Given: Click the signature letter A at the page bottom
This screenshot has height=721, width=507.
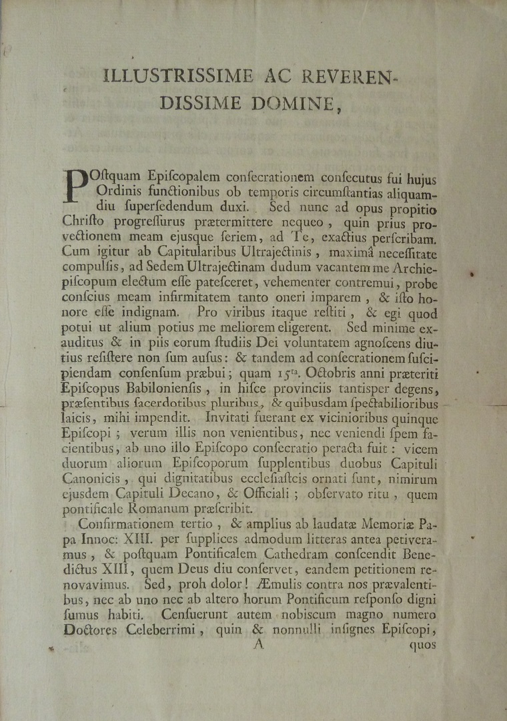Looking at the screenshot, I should [x=260, y=644].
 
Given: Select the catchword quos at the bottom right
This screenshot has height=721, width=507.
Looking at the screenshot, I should [x=422, y=645].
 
